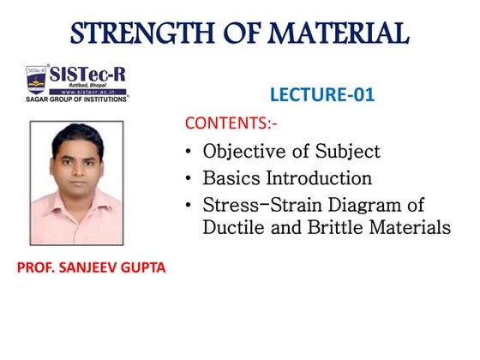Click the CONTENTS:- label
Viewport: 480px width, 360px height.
tap(231, 123)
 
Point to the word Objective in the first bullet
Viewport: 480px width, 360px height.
tap(243, 153)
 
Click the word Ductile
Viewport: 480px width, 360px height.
tap(232, 228)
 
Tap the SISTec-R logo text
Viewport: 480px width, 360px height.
tap(86, 73)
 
